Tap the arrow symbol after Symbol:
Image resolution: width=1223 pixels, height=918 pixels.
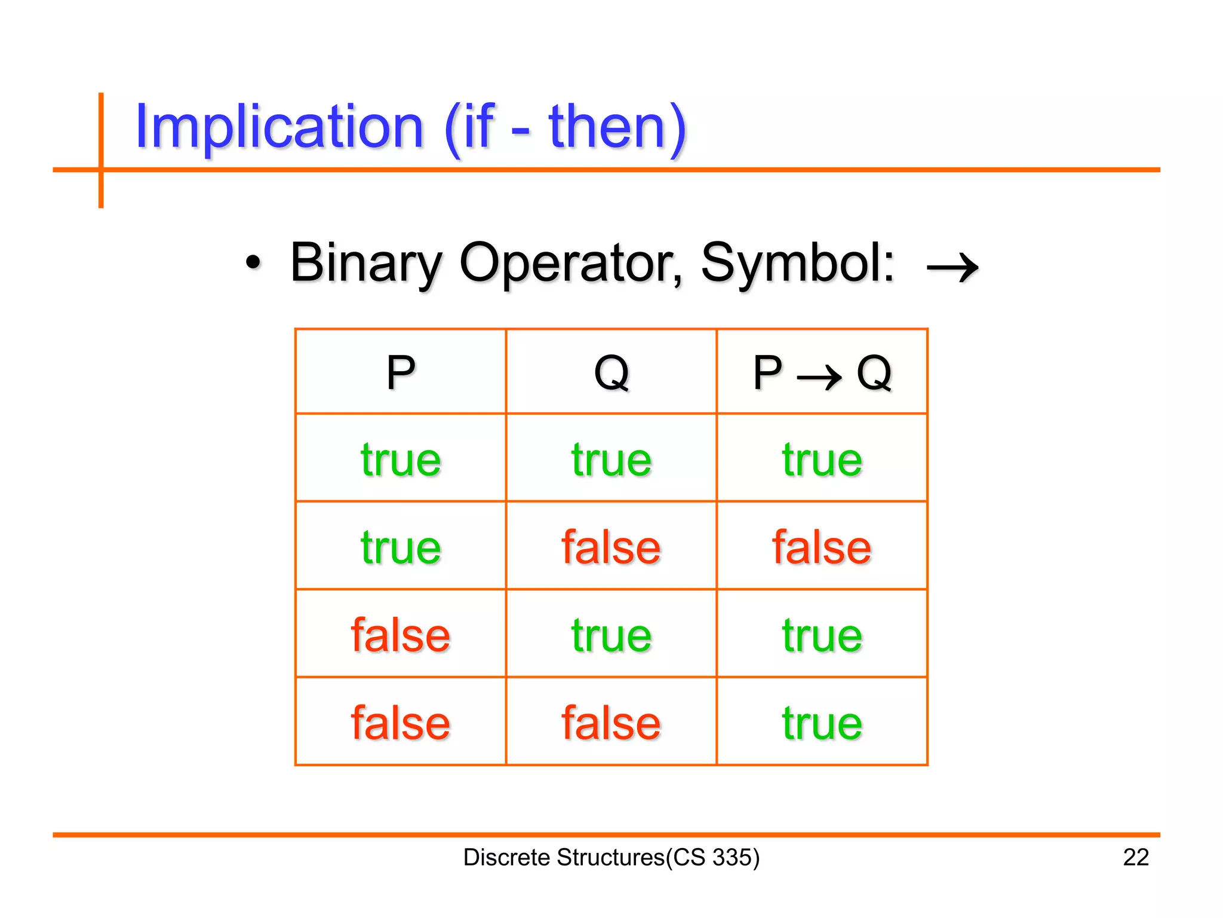click(x=952, y=267)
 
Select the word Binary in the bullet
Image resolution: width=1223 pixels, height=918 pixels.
click(x=365, y=263)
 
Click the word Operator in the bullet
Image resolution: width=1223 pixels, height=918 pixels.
click(x=570, y=263)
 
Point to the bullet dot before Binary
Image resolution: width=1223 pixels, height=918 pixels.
click(x=253, y=263)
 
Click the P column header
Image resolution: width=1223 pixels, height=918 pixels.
click(x=401, y=372)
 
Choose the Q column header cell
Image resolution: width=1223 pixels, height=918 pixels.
click(x=611, y=372)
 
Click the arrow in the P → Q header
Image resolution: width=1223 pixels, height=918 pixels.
click(x=819, y=377)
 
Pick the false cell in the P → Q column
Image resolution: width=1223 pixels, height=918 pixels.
click(x=822, y=547)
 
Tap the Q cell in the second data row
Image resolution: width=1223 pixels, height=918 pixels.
click(x=611, y=547)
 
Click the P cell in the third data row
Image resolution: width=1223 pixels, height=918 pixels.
click(x=401, y=635)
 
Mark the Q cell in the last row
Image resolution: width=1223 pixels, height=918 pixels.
click(x=611, y=723)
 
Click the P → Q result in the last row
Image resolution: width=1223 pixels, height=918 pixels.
click(x=822, y=723)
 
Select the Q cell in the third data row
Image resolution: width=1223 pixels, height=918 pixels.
click(x=611, y=635)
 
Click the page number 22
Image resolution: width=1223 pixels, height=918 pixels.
click(x=1136, y=857)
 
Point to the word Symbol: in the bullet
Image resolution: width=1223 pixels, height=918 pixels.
click(x=798, y=263)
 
